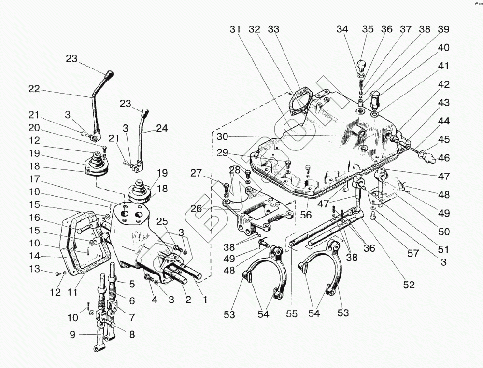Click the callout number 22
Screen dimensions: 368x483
click(x=34, y=89)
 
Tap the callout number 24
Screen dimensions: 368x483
click(x=161, y=128)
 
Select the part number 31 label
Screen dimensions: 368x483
click(x=235, y=29)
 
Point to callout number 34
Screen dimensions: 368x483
click(x=342, y=29)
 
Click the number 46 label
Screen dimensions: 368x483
click(x=443, y=157)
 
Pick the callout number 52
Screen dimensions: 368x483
click(x=409, y=285)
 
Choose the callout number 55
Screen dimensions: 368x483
click(x=291, y=314)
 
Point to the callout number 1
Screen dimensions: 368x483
click(x=204, y=300)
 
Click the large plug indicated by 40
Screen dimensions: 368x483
click(x=375, y=100)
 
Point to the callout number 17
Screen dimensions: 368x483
click(x=34, y=179)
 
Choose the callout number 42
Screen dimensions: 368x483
click(x=443, y=84)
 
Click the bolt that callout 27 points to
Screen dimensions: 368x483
click(x=227, y=185)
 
